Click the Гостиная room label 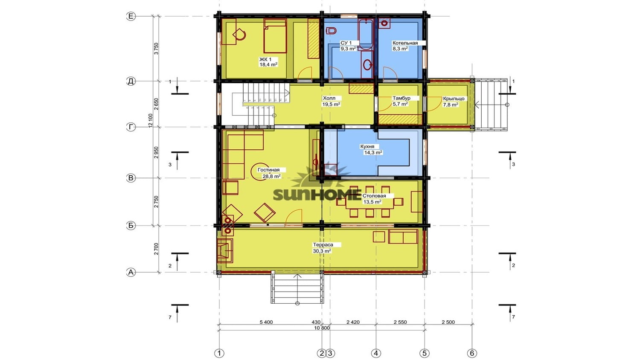268,170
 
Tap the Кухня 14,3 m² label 371,149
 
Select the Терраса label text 323,245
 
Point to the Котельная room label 405,43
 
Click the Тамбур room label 401,98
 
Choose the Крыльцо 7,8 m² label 454,102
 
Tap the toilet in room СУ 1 331,31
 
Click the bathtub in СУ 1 365,35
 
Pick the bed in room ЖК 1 275,36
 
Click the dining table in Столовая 370,202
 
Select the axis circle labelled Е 131,16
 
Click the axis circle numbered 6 472,353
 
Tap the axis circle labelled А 131,272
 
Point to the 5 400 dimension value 266,322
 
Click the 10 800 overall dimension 322,328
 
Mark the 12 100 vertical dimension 151,121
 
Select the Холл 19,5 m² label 331,101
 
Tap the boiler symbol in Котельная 384,23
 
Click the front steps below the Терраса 297,288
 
